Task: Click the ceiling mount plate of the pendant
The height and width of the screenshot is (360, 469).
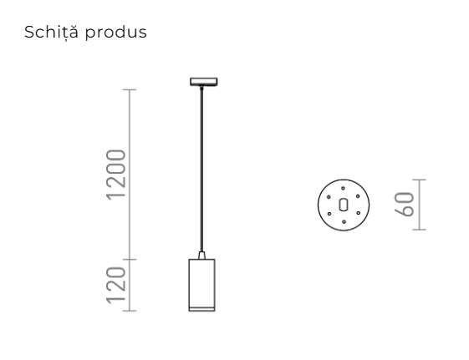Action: tap(202, 82)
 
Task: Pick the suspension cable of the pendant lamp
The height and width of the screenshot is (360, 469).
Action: tap(201, 167)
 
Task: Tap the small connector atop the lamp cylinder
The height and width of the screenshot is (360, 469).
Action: tap(201, 254)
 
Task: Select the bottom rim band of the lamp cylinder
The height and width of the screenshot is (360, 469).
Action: tap(201, 308)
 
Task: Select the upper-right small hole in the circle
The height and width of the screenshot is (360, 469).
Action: tap(357, 196)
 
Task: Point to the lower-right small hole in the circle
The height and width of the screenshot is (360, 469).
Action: tap(357, 214)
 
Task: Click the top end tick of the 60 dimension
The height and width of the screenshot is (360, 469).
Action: tap(421, 180)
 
